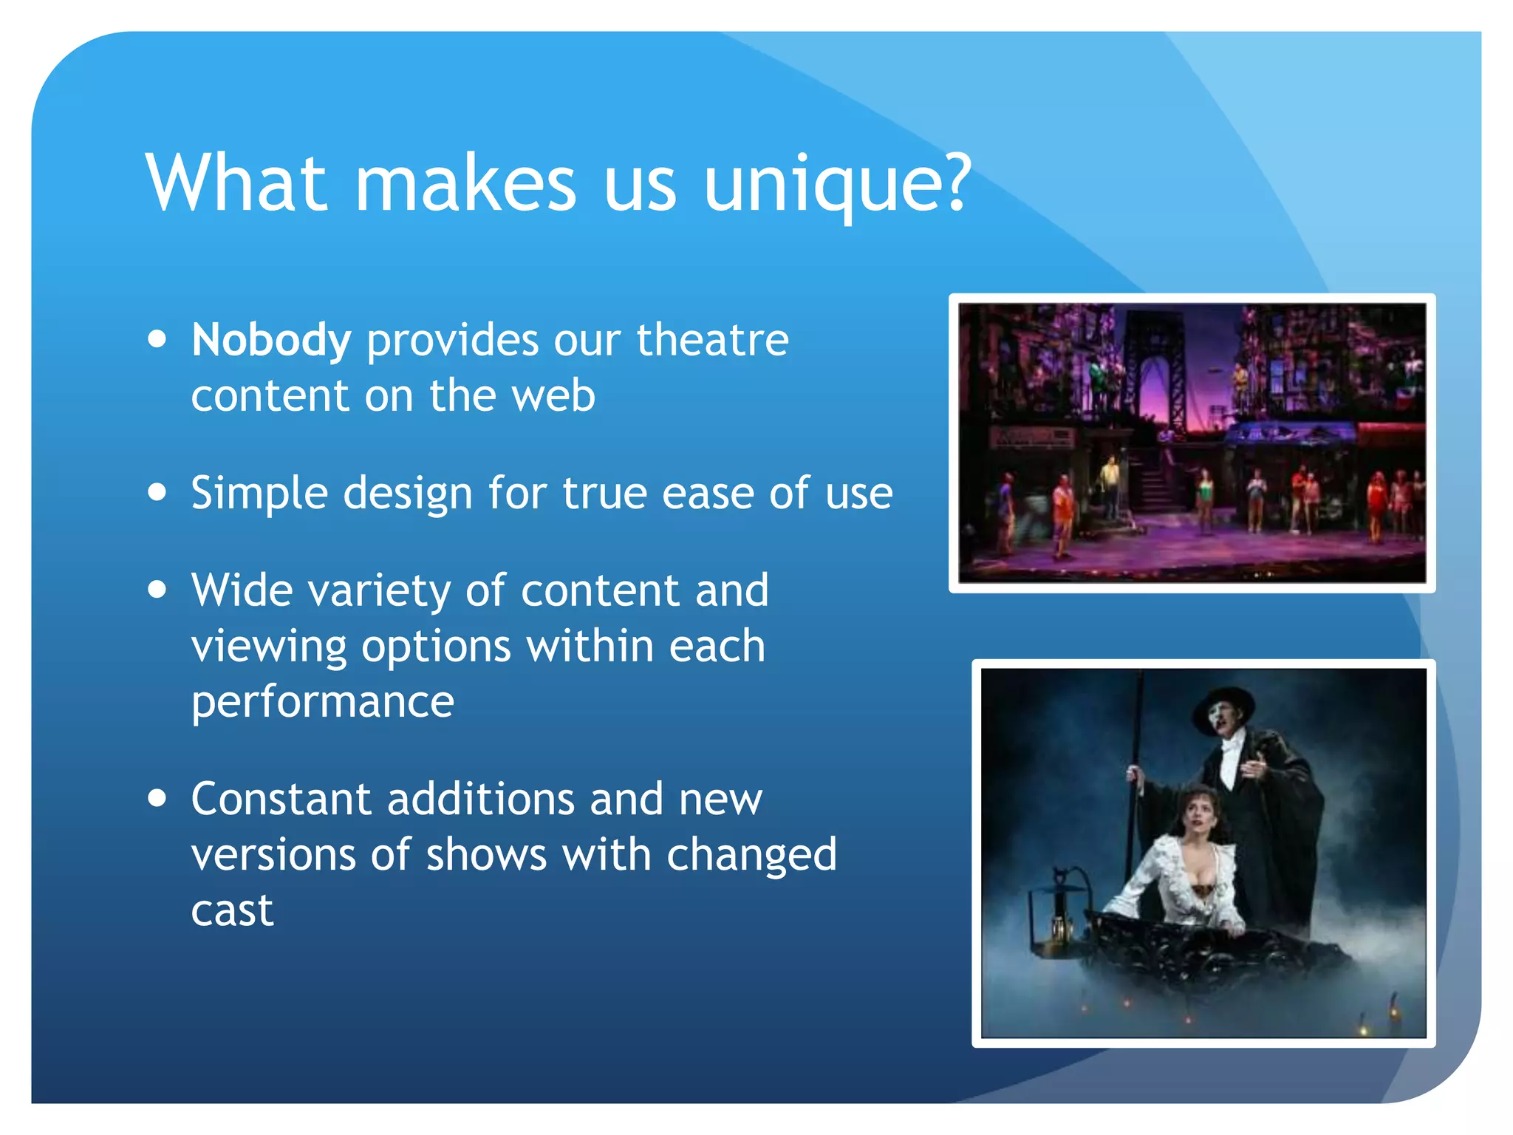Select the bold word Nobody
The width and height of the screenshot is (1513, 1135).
click(270, 341)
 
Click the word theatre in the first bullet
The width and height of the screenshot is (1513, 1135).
click(713, 341)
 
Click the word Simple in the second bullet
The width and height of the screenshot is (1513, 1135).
click(259, 494)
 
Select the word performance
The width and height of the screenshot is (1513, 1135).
click(322, 701)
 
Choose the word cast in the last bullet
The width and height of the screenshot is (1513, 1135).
click(232, 910)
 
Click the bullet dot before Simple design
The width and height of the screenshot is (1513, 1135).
click(157, 492)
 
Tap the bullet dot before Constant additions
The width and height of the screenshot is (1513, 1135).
click(157, 798)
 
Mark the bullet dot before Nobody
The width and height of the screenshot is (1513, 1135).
click(157, 339)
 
